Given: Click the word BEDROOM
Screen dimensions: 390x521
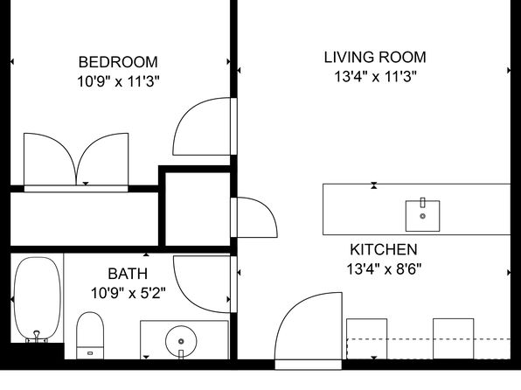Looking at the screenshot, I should [118, 62].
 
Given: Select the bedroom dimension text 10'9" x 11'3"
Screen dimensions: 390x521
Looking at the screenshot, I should [118, 80].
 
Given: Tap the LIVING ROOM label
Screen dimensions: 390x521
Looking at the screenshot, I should [375, 58].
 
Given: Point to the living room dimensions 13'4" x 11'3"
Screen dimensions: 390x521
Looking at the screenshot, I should [375, 76].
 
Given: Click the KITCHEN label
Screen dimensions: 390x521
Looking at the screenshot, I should [384, 249].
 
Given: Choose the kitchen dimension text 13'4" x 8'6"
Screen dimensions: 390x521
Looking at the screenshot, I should [384, 268].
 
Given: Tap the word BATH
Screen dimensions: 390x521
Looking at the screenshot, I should [128, 274].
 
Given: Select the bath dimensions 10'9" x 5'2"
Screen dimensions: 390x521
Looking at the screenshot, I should [128, 292].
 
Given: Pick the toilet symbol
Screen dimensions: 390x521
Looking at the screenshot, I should [90, 336].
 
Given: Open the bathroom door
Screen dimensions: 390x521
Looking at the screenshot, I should [203, 283].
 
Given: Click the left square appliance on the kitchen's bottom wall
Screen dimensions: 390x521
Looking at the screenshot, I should [366, 338].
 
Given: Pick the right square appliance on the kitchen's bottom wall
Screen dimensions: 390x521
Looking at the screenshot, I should [453, 338].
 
